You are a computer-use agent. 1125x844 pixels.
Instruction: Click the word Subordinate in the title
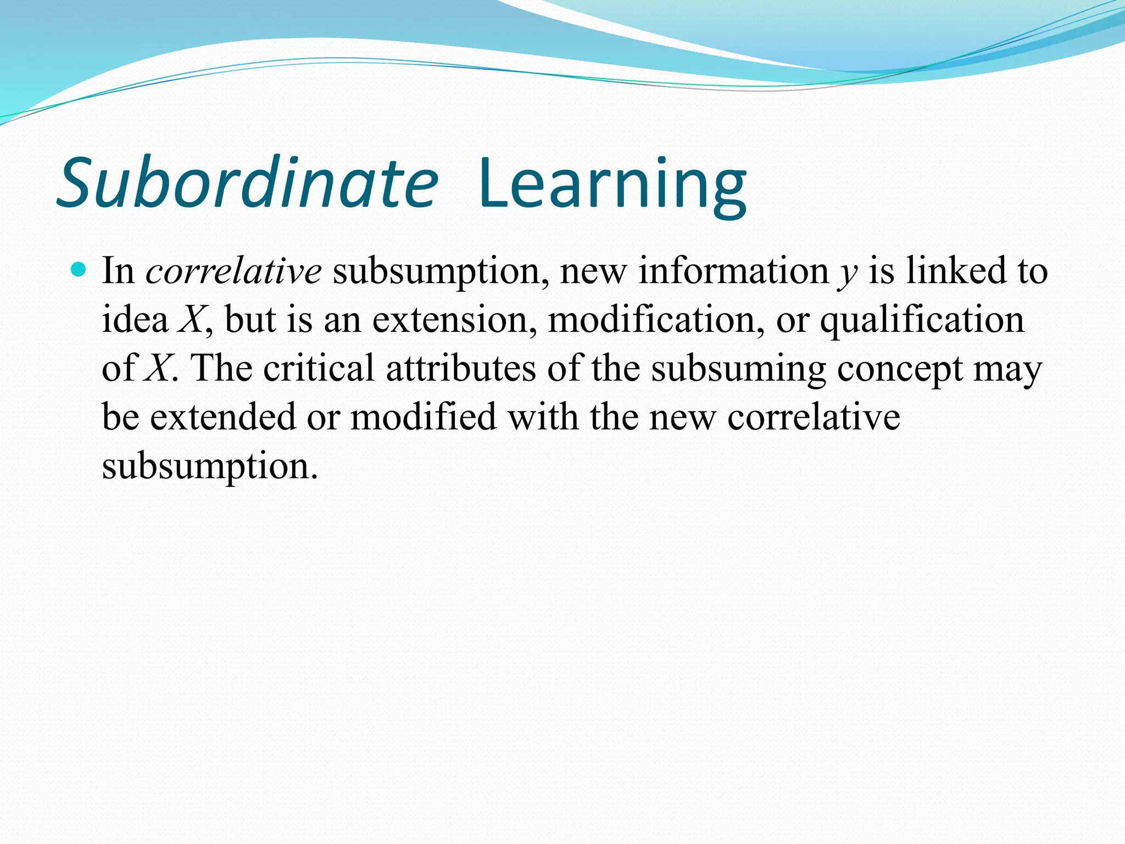tap(247, 184)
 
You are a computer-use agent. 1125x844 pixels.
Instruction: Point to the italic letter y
tap(848, 273)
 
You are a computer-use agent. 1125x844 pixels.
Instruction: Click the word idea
tap(135, 320)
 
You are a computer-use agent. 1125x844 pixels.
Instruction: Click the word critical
tap(319, 368)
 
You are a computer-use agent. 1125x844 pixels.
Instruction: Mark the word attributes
tap(461, 368)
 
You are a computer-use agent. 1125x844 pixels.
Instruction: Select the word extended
tap(223, 417)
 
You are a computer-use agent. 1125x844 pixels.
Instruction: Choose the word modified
tap(424, 417)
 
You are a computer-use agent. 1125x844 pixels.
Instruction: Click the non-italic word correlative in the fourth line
tap(814, 417)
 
